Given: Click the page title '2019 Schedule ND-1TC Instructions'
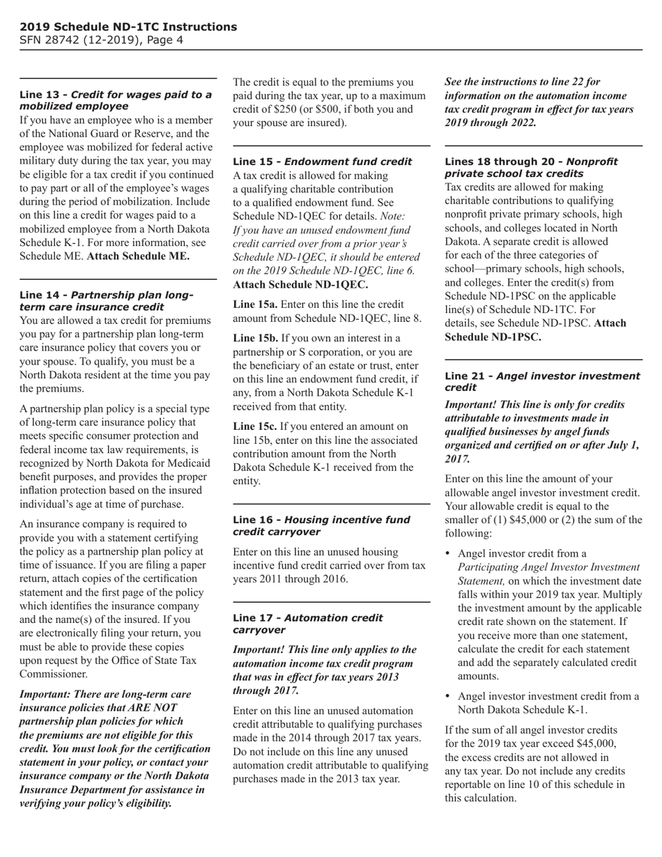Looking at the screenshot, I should [128, 27].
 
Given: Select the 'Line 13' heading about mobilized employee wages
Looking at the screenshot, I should [115, 100].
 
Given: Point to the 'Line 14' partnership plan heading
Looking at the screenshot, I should [106, 301].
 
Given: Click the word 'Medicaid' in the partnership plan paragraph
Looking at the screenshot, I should [187, 463].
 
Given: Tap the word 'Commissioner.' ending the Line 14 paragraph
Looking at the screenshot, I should [54, 674].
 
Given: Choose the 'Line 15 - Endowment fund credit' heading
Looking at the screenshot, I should [322, 162].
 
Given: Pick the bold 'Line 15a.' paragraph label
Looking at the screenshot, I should [255, 304].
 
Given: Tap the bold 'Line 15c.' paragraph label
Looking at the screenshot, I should [255, 426].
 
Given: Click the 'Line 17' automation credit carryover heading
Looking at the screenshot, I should [307, 624].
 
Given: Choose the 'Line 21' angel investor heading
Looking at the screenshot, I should [541, 382].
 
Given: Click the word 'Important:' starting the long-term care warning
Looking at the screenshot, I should [47, 695].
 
